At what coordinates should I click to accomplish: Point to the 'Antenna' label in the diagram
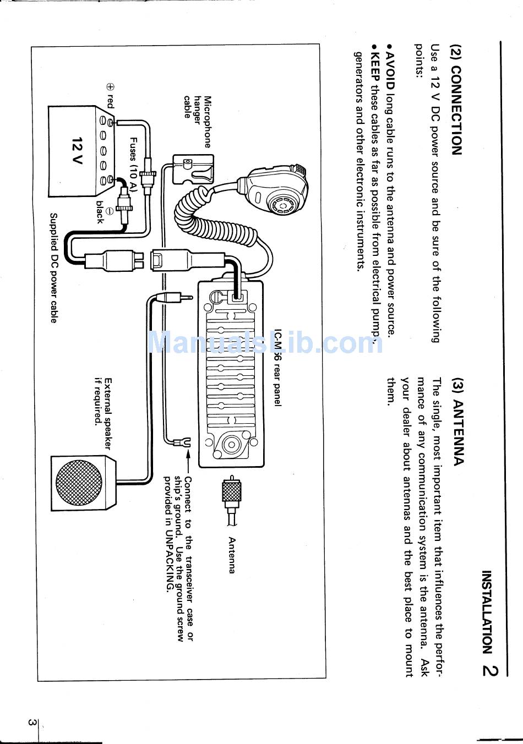click(x=232, y=555)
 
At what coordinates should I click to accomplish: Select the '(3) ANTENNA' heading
click(x=458, y=421)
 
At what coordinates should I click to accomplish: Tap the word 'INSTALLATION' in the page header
click(x=487, y=611)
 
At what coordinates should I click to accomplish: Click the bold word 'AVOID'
click(x=390, y=68)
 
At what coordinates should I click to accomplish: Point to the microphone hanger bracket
click(x=192, y=169)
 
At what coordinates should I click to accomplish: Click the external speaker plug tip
click(x=187, y=297)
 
